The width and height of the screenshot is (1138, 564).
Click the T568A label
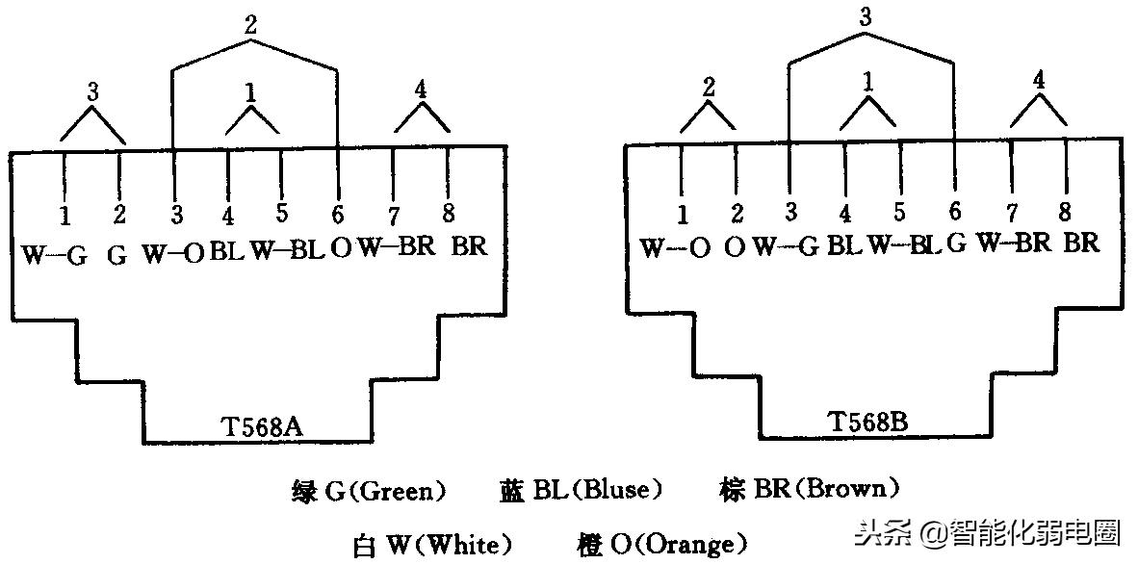tap(261, 425)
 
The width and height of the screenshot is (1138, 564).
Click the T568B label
tap(868, 422)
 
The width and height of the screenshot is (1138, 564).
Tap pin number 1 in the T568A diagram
tap(64, 214)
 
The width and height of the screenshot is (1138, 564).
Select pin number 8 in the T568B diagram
tap(1065, 210)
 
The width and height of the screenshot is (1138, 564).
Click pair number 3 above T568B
tap(867, 18)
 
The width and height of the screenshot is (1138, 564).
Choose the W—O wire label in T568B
tap(676, 247)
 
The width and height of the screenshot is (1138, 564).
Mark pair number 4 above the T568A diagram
tap(421, 90)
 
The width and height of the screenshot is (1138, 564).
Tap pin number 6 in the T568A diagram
tap(338, 214)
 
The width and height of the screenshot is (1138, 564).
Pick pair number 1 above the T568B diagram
tap(868, 84)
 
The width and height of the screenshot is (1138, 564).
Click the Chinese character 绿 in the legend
tap(303, 491)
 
